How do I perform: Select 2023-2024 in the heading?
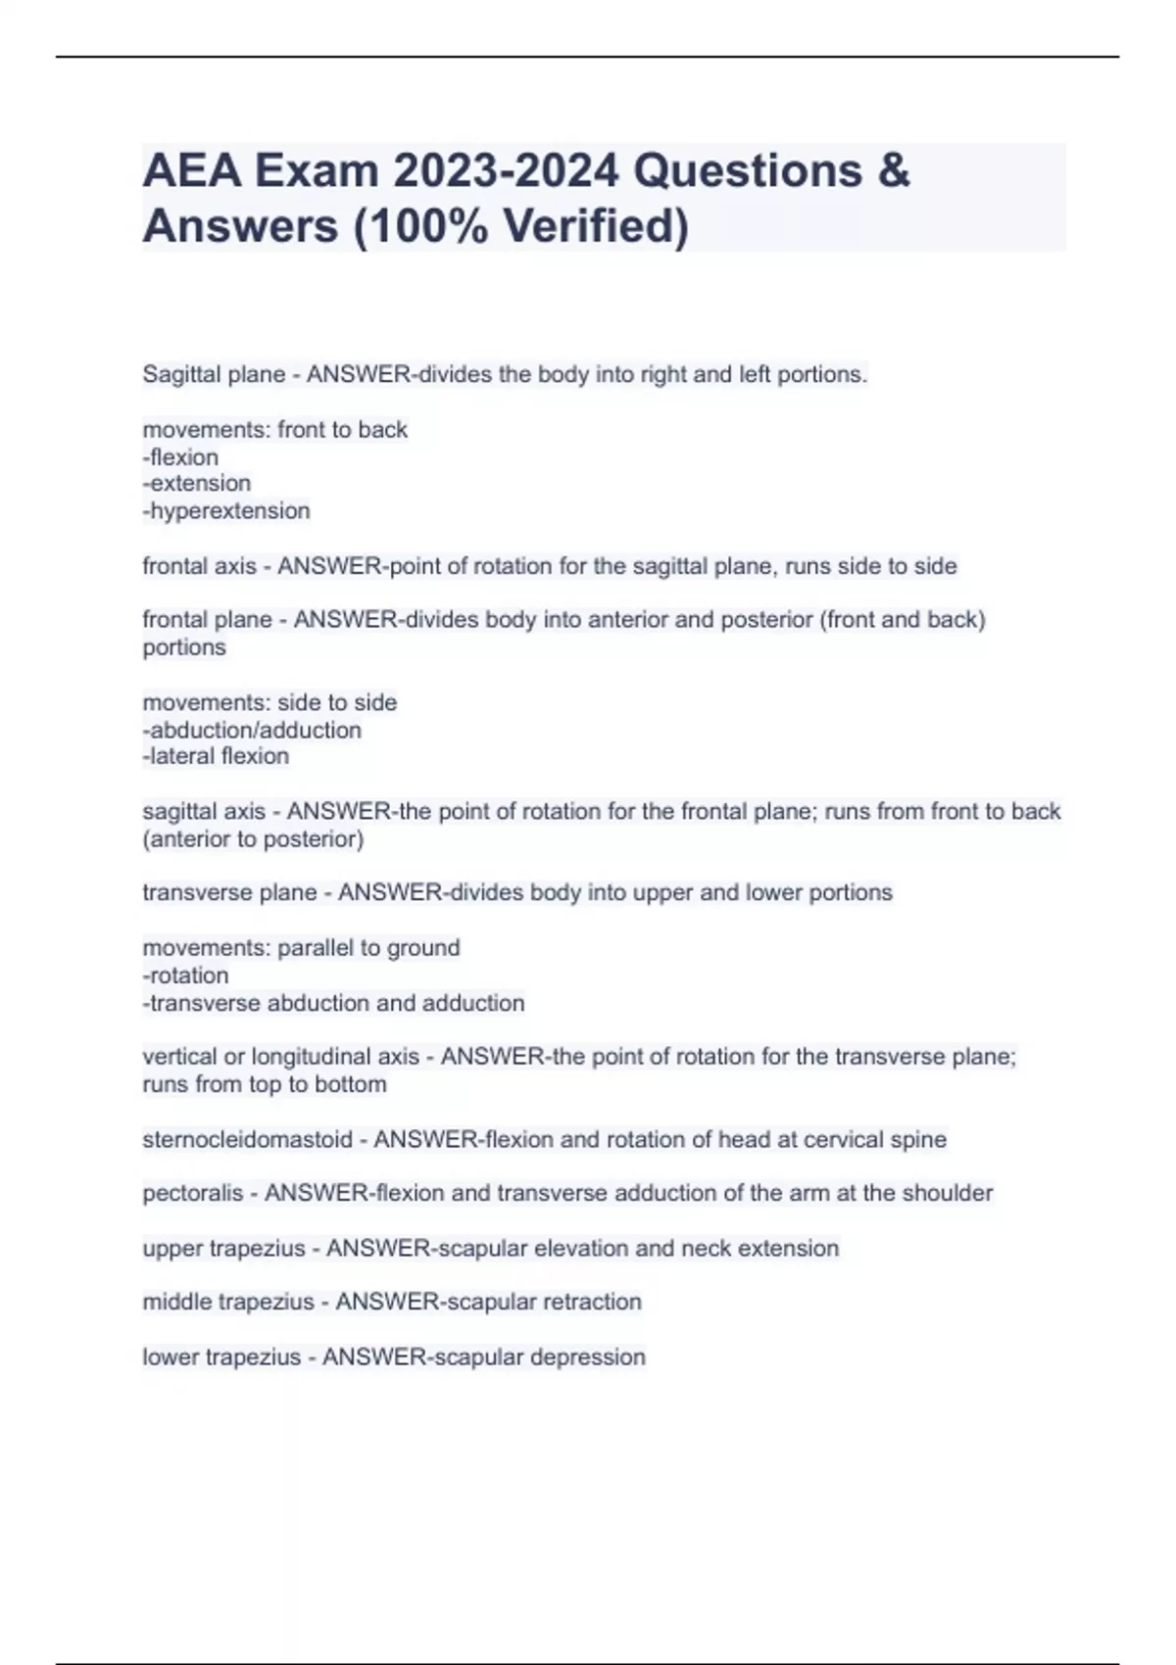point(506,171)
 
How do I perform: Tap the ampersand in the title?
point(893,171)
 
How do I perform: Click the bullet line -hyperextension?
point(226,510)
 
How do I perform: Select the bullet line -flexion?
point(180,456)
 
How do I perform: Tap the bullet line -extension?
point(197,483)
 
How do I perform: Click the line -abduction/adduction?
point(252,730)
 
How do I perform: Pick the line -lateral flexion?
point(216,756)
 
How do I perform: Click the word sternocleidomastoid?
point(247,1139)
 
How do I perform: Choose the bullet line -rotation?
point(185,975)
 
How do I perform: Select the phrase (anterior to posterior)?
point(253,838)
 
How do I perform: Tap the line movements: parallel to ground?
point(301,948)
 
